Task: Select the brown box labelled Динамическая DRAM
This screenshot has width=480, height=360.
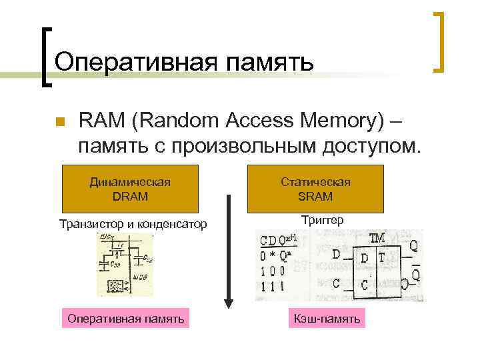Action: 131,189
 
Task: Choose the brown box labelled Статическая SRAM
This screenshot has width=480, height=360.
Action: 315,189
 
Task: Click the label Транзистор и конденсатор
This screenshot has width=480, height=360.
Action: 133,223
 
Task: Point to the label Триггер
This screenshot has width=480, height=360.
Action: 323,219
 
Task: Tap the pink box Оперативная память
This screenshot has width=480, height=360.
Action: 126,319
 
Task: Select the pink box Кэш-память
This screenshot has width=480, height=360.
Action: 327,319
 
